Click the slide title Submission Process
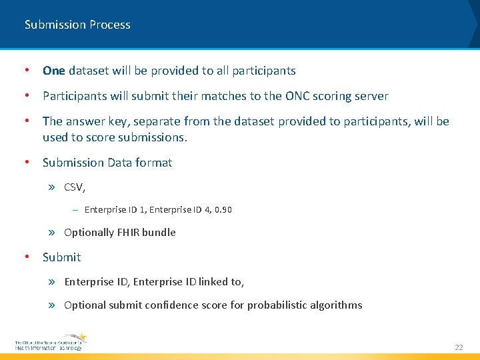[77, 25]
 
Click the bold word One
[53, 71]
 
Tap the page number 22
[458, 347]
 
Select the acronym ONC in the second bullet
[298, 96]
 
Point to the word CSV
[73, 187]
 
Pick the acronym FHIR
[129, 233]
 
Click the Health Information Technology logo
[51, 342]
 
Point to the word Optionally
[89, 233]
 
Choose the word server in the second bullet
[370, 96]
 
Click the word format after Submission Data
[154, 163]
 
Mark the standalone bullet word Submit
[61, 257]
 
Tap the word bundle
[159, 233]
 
